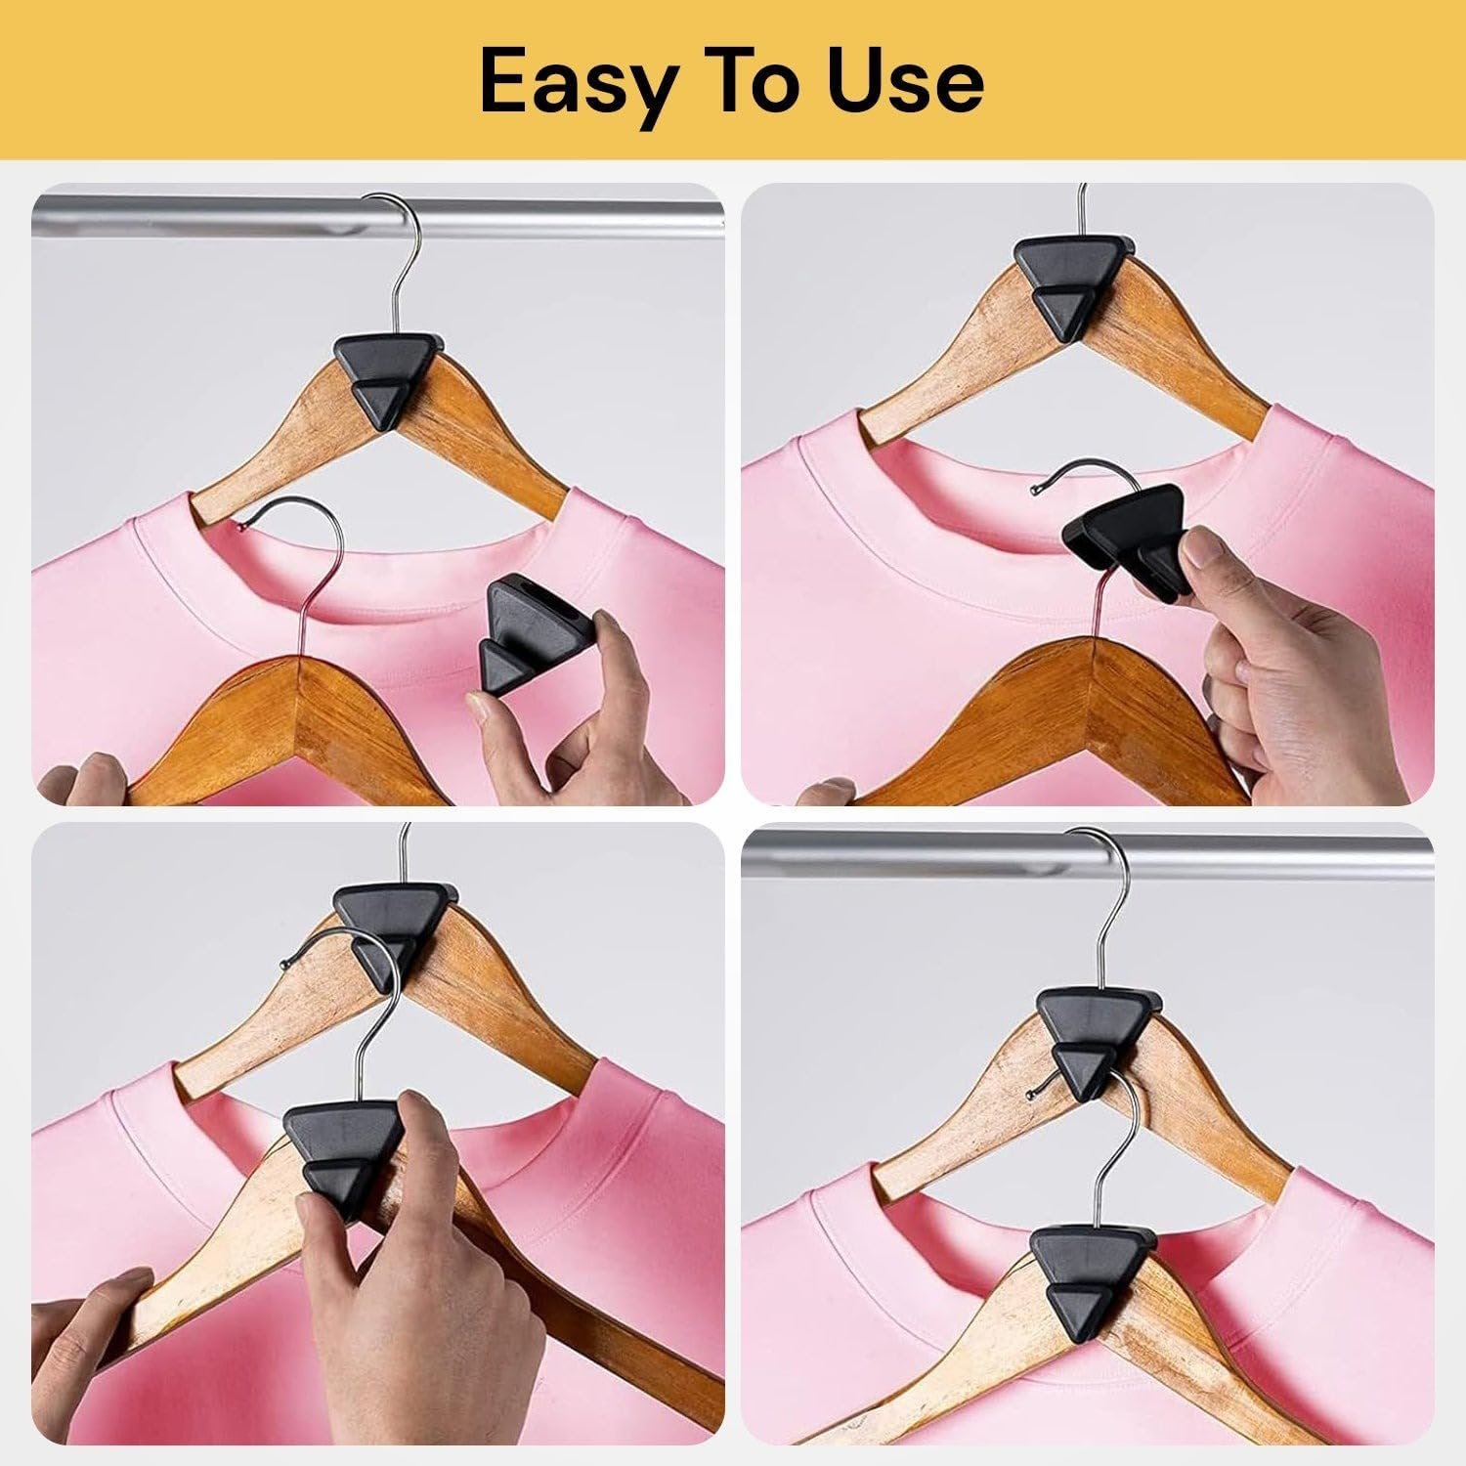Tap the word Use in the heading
905,82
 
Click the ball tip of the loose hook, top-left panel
238,525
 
